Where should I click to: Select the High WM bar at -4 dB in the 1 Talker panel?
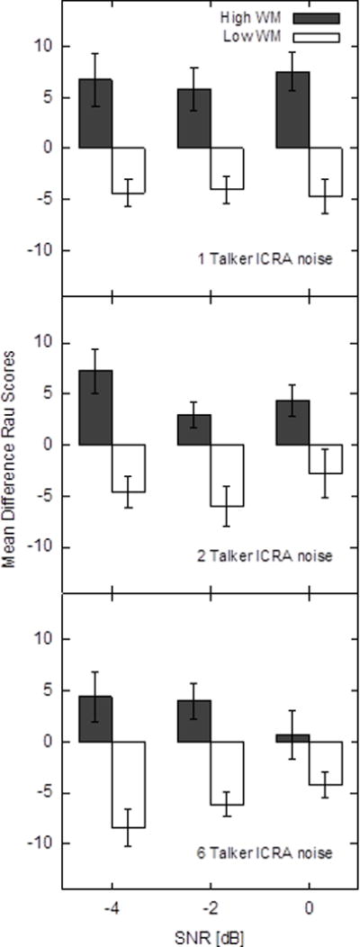click(95, 113)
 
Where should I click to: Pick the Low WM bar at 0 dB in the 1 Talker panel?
click(326, 171)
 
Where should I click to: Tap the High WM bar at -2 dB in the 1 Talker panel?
click(194, 118)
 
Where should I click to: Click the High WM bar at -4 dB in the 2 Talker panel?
click(95, 408)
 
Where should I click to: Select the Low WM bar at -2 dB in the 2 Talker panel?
click(227, 475)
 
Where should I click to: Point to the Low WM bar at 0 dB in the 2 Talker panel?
click(326, 459)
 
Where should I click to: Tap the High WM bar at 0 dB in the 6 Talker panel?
click(292, 738)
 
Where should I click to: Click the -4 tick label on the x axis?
click(112, 910)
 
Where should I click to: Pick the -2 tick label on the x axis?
click(211, 910)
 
